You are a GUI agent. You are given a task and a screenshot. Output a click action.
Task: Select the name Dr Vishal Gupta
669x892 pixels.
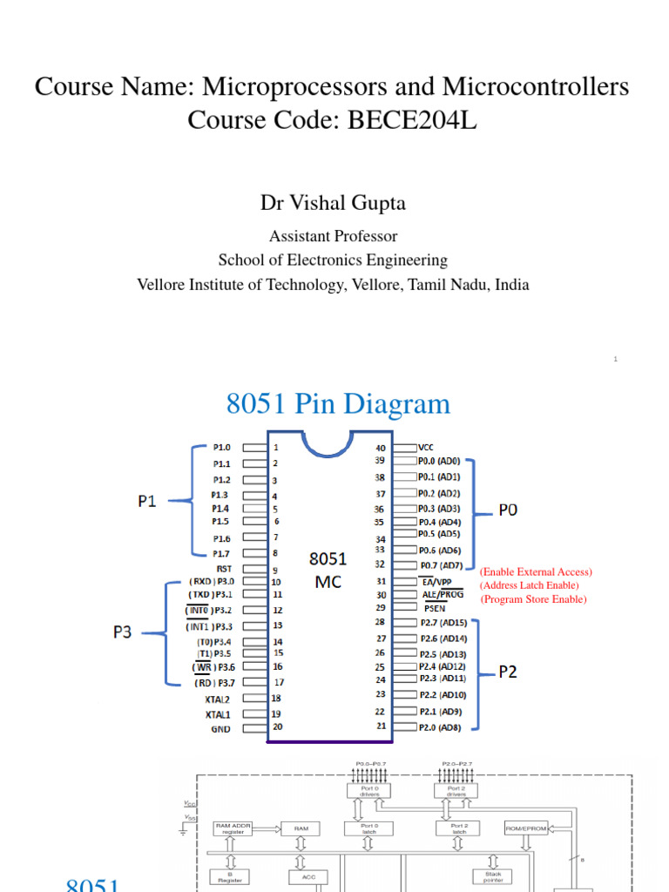[x=334, y=203]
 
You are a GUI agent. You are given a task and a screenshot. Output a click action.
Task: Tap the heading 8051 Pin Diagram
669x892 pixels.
[x=338, y=403]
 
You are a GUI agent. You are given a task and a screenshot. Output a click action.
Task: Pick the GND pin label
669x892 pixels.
[x=221, y=728]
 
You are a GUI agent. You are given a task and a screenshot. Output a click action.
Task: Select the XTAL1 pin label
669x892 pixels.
[x=218, y=713]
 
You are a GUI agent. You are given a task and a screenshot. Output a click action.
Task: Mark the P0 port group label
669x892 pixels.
[x=508, y=510]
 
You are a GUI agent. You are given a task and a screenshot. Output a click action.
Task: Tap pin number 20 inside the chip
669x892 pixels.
[x=277, y=726]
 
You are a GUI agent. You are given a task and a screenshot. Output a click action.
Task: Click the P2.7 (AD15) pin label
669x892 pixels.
[x=442, y=623]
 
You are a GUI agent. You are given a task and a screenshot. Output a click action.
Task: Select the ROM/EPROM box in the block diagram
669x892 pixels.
[x=526, y=828]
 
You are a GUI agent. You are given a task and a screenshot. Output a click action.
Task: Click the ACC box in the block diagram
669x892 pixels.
[x=308, y=877]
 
